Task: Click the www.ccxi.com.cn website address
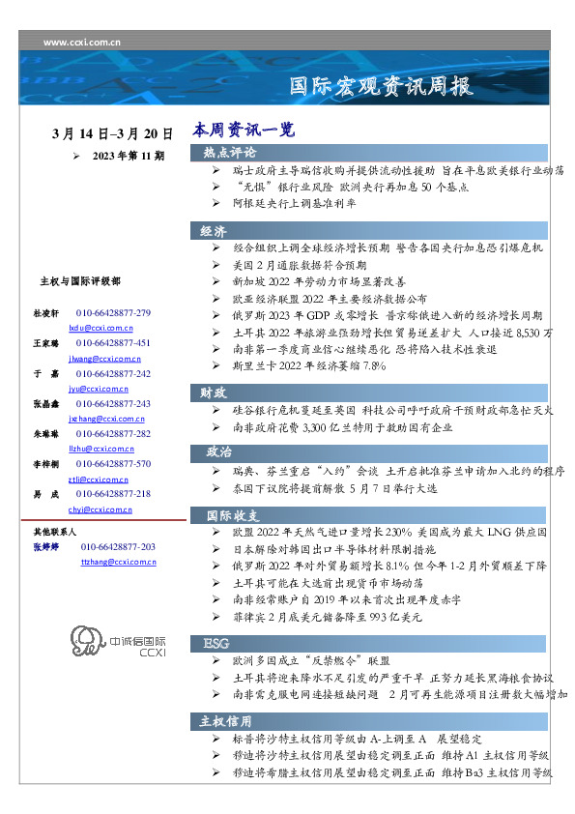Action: [82, 43]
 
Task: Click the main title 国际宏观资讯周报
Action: [382, 87]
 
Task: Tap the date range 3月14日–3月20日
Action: [113, 133]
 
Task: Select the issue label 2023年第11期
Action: [129, 155]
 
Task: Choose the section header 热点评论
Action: [229, 153]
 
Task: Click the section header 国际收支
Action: [229, 514]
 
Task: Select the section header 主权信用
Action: [226, 721]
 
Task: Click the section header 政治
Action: [218, 451]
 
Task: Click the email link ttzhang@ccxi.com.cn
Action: [117, 561]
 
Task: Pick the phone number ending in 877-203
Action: [118, 547]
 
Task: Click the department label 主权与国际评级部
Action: [80, 281]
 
